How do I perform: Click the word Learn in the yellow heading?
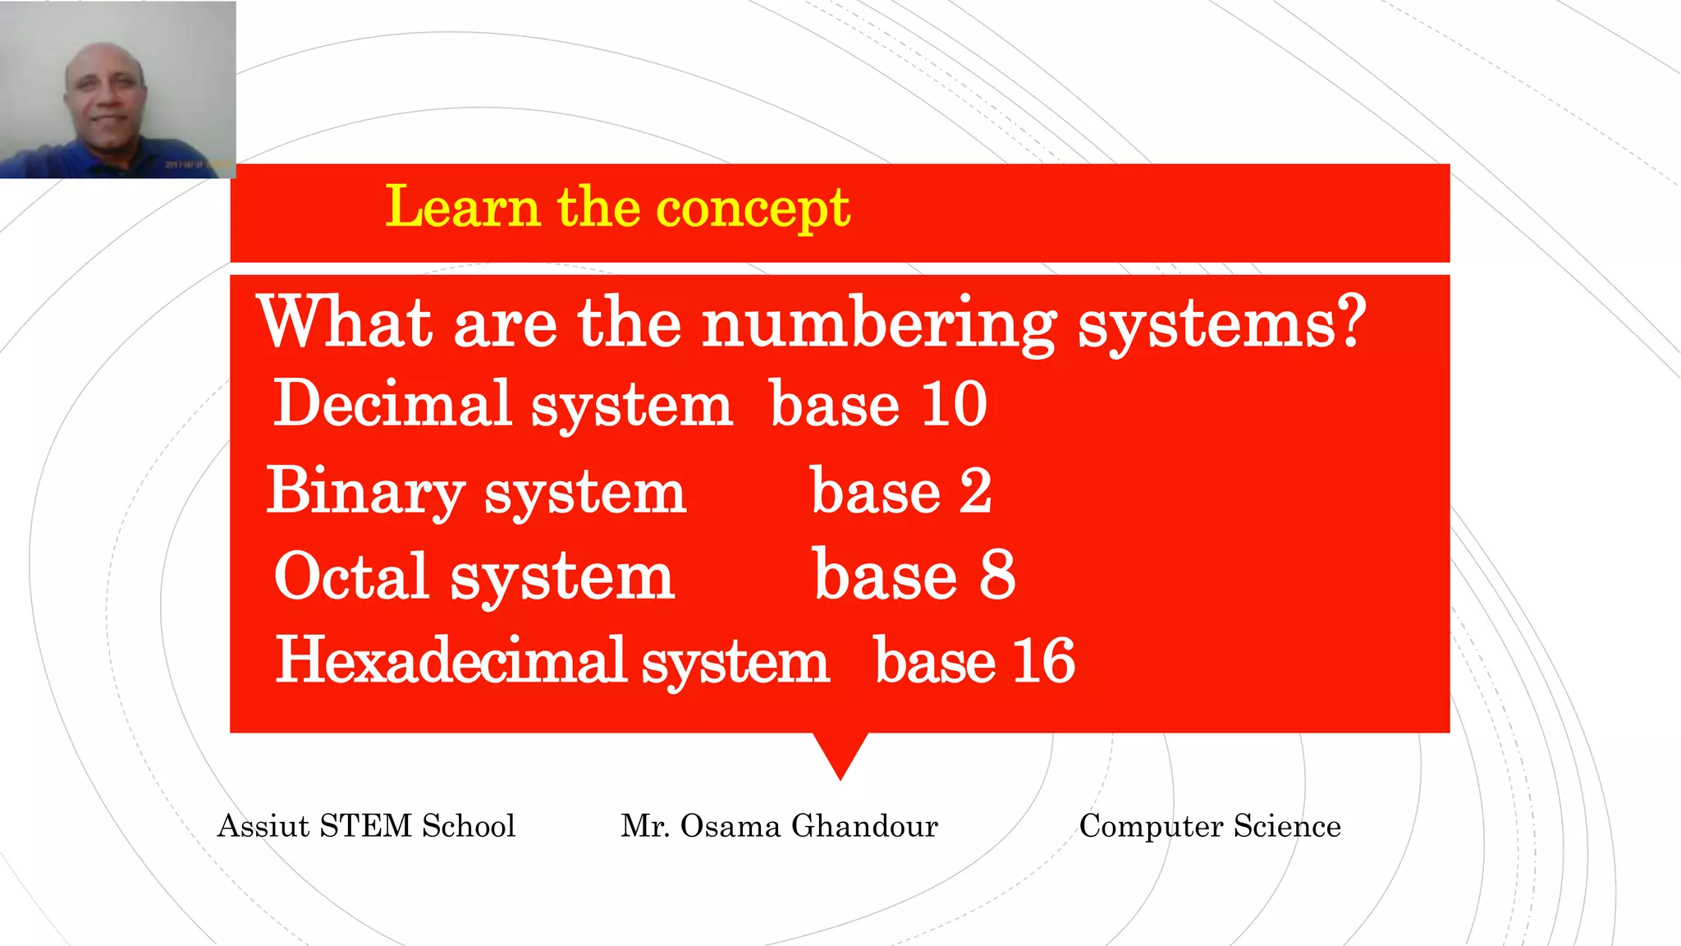[x=462, y=207]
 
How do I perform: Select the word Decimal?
[x=392, y=404]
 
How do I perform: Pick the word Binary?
[x=365, y=491]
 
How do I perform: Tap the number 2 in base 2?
[x=975, y=491]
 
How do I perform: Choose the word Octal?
[x=351, y=576]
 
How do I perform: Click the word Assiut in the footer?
[x=263, y=826]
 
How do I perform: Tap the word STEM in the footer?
[x=365, y=826]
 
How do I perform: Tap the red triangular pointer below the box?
[x=840, y=751]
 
